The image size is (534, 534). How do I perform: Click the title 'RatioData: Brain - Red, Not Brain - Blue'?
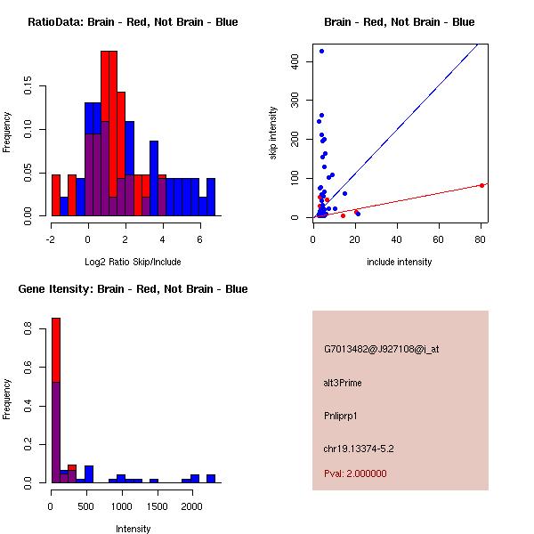(x=133, y=22)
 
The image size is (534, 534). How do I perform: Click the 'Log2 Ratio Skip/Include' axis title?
(x=133, y=262)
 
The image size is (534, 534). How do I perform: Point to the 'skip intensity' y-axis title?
(x=273, y=133)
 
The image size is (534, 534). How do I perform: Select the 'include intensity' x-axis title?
(x=400, y=262)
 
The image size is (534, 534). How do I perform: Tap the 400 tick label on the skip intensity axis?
(x=297, y=61)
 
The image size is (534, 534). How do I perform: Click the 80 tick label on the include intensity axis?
(x=481, y=239)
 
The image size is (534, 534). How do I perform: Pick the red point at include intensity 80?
(x=481, y=185)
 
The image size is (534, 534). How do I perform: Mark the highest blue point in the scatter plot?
(x=321, y=51)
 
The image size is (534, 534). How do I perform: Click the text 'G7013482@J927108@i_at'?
(x=381, y=349)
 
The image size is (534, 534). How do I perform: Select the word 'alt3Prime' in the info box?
(x=343, y=383)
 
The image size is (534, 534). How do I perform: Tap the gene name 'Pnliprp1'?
(x=342, y=416)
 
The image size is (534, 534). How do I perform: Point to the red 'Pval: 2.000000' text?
(x=355, y=473)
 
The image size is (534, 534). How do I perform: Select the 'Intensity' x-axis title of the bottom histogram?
(x=133, y=529)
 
